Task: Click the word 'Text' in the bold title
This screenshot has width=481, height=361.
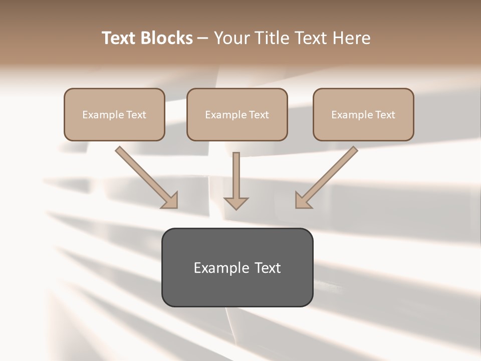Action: (x=119, y=38)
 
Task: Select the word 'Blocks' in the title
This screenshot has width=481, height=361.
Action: (x=166, y=38)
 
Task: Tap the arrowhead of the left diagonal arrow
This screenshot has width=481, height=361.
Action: (x=170, y=200)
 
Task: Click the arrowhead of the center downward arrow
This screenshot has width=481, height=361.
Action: (x=236, y=203)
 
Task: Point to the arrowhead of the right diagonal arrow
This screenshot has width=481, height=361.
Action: (x=303, y=200)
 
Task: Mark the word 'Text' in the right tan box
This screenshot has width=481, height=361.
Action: (x=385, y=115)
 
